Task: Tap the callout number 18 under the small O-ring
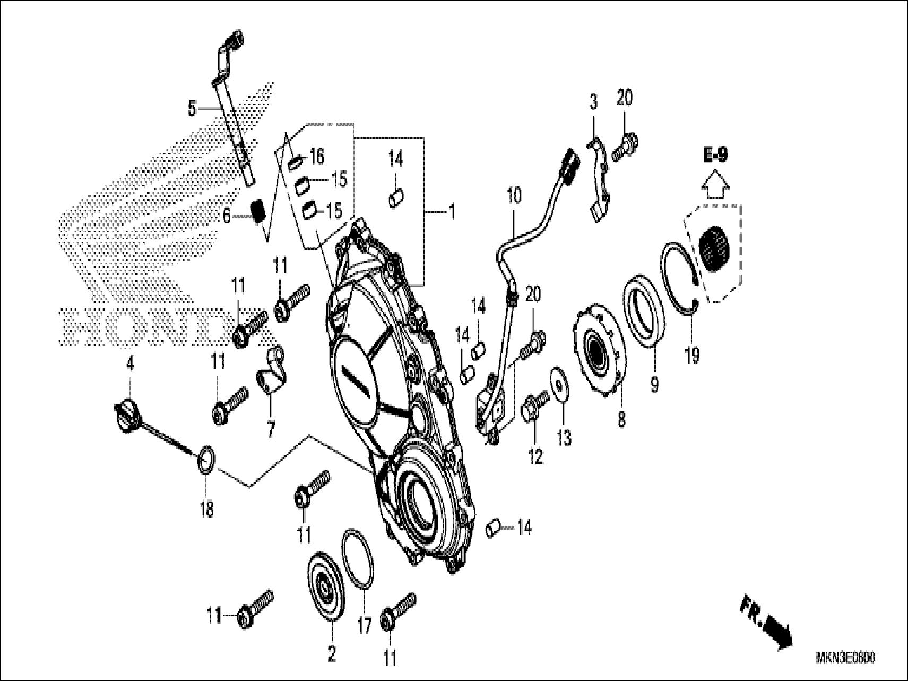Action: pyautogui.click(x=207, y=509)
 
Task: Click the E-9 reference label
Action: pyautogui.click(x=715, y=155)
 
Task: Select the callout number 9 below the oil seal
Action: pyautogui.click(x=654, y=383)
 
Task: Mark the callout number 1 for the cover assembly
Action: pyautogui.click(x=451, y=213)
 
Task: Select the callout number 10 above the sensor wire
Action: pyautogui.click(x=514, y=195)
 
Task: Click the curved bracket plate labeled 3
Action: pyautogui.click(x=598, y=180)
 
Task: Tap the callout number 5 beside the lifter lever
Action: pyautogui.click(x=192, y=109)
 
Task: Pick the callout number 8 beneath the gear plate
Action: pyautogui.click(x=621, y=419)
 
